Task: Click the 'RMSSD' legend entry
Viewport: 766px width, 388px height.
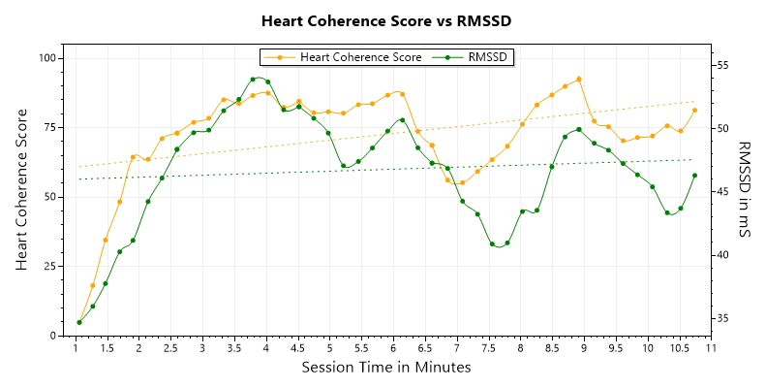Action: click(489, 57)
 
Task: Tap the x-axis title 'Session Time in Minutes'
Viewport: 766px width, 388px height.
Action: click(385, 368)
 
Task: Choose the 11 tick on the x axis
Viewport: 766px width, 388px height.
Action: click(711, 347)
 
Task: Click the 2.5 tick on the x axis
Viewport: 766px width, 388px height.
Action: click(170, 347)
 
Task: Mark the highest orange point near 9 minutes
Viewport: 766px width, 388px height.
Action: click(578, 80)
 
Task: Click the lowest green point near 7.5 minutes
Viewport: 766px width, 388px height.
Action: click(492, 244)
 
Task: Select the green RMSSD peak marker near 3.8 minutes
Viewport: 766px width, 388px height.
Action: click(253, 80)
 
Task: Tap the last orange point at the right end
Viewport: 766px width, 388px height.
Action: click(694, 110)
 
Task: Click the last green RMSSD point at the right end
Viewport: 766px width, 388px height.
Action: click(694, 176)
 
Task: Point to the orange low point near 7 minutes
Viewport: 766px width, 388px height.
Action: click(462, 182)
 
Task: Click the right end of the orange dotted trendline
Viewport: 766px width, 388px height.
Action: click(694, 101)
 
